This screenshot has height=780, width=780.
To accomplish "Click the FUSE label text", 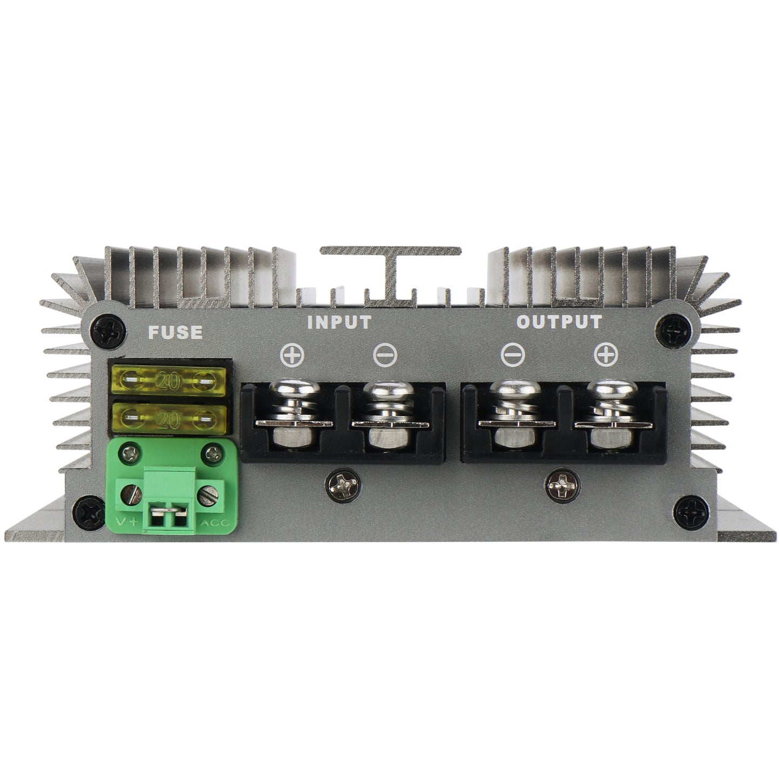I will [175, 332].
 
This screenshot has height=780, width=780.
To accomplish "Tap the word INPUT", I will [339, 322].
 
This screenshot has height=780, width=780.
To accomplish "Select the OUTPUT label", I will [559, 322].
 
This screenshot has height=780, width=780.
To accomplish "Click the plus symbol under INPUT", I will [293, 356].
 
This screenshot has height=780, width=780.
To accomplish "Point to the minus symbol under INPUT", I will [385, 356].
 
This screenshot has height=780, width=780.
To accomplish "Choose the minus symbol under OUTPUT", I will [512, 355].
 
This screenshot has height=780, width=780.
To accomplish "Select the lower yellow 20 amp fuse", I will [167, 417].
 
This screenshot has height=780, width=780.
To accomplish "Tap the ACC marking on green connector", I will [214, 522].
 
